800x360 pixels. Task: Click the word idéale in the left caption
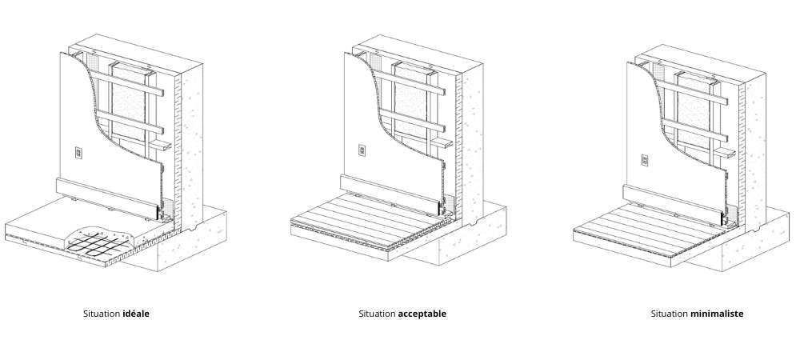(x=136, y=314)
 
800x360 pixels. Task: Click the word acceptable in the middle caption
(x=422, y=314)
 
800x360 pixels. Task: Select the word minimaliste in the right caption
(x=717, y=314)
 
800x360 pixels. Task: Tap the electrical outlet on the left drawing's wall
(x=79, y=152)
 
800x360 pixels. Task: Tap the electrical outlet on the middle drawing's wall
(x=362, y=150)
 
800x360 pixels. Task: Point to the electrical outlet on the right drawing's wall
(x=645, y=160)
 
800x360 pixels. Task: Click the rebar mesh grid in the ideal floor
(x=98, y=242)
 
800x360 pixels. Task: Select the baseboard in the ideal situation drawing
(x=106, y=197)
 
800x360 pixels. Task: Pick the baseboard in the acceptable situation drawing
(x=390, y=194)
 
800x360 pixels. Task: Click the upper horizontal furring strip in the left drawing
(x=127, y=84)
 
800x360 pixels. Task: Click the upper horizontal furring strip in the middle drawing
(x=410, y=82)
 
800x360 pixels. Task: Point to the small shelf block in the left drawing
(x=158, y=146)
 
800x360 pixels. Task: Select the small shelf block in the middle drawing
(x=442, y=143)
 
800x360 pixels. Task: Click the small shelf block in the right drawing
(x=725, y=152)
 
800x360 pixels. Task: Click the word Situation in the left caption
(x=102, y=314)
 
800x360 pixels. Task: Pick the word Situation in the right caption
(x=670, y=314)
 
